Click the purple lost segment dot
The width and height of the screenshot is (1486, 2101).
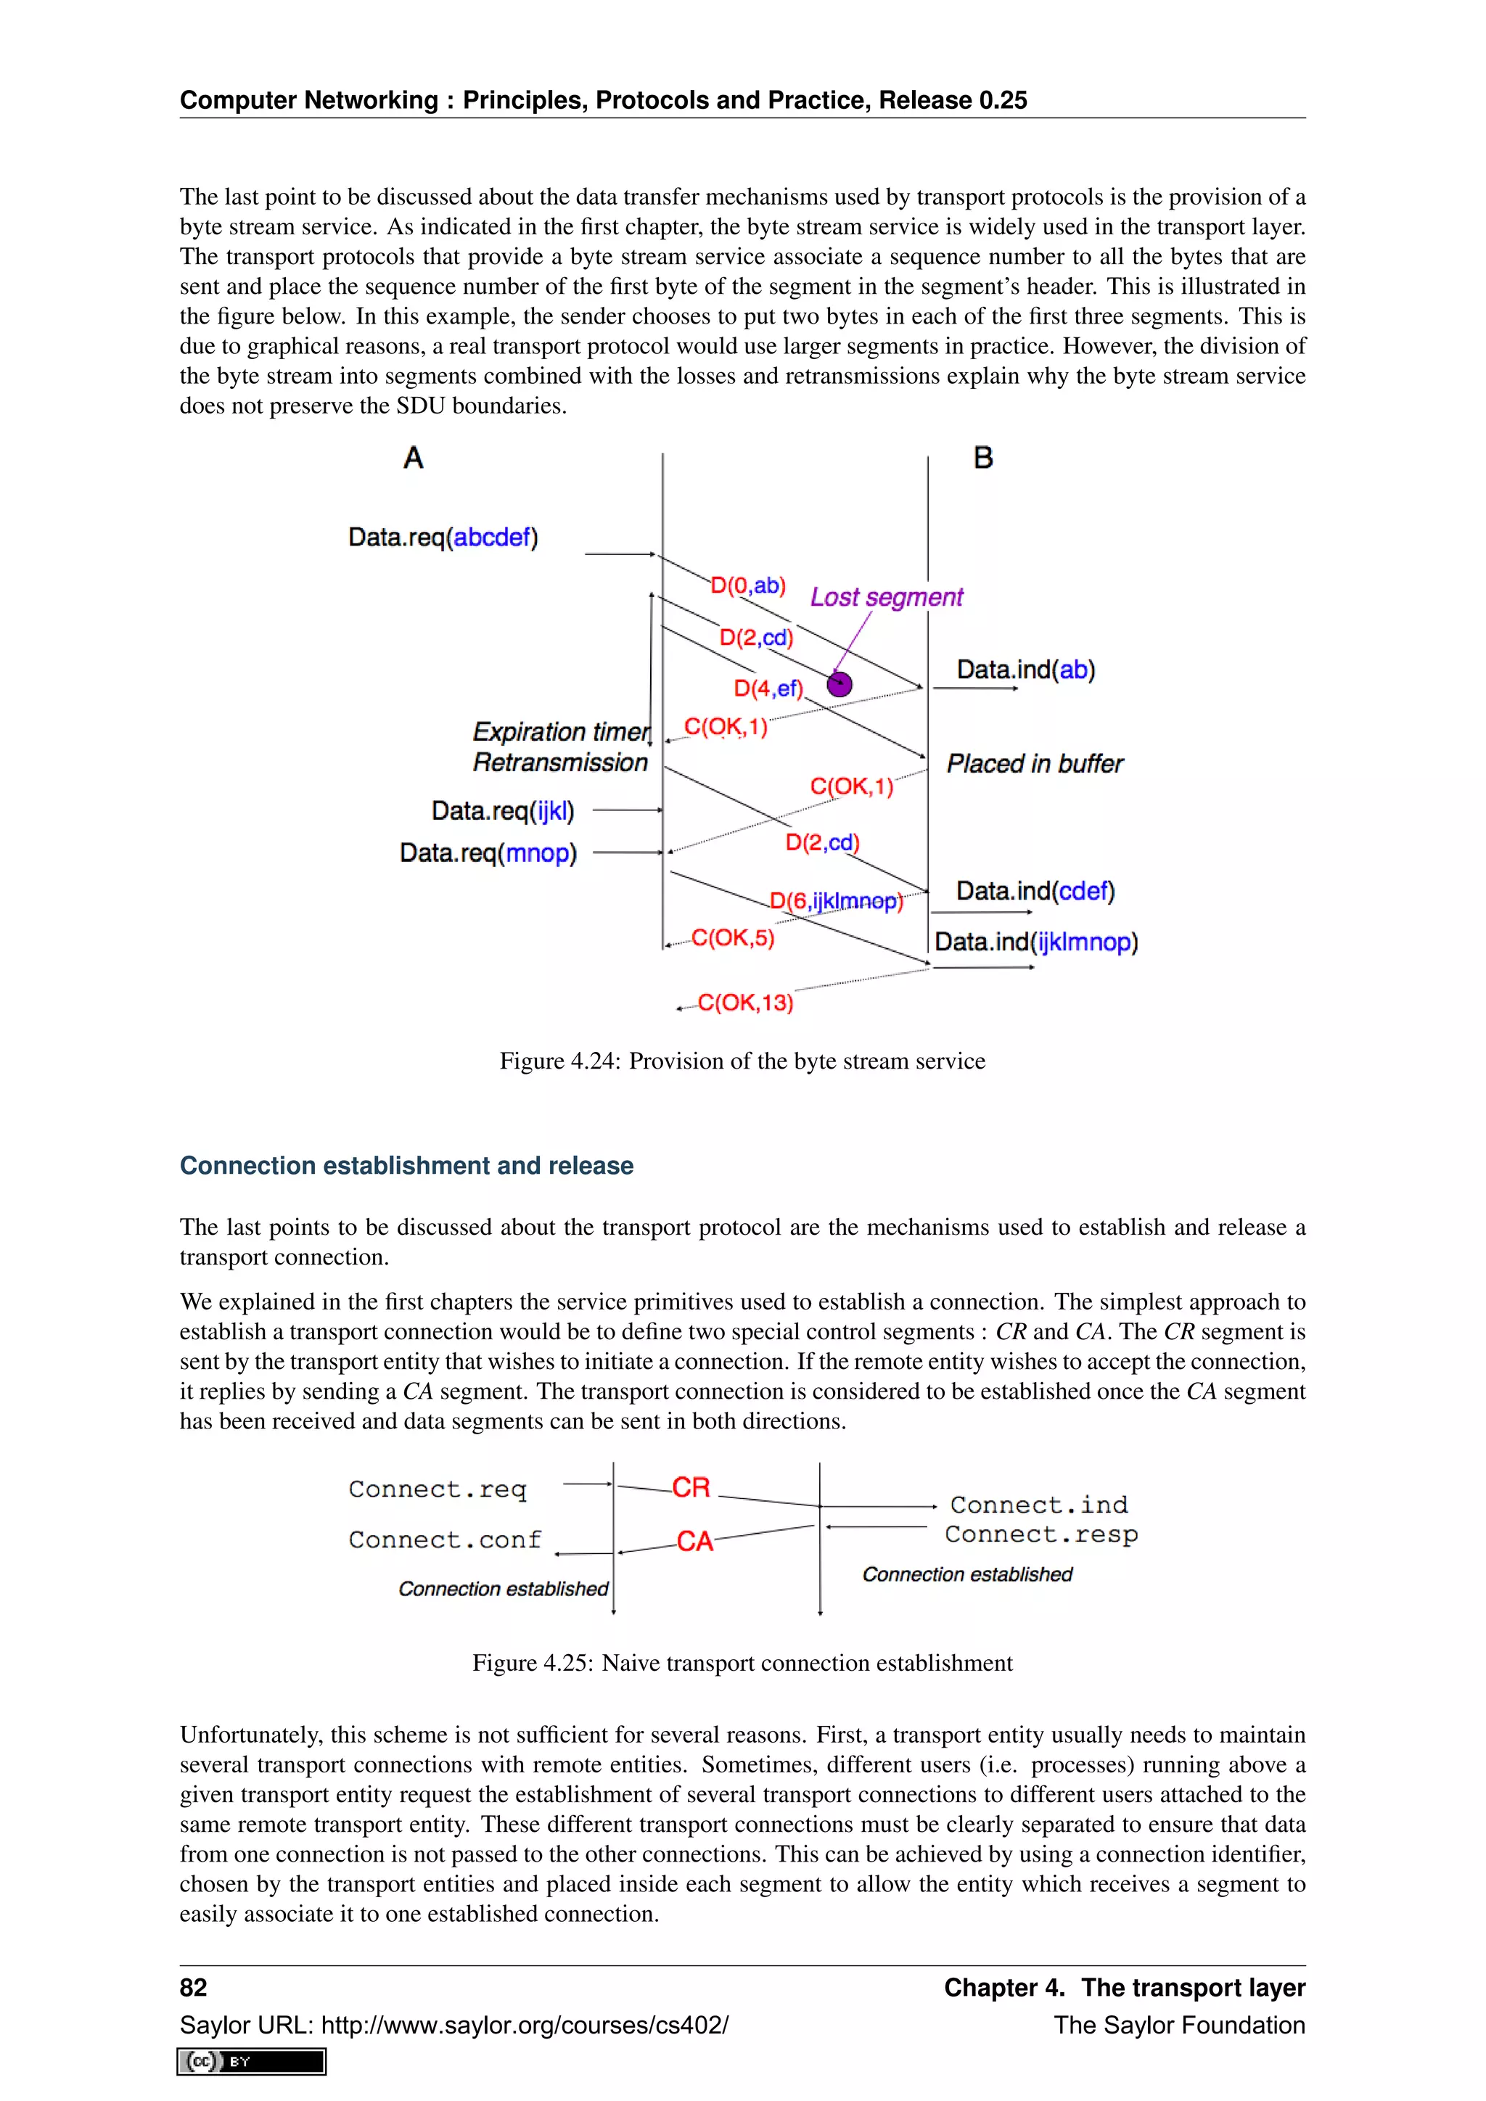point(839,683)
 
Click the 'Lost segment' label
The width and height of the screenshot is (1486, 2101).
point(886,598)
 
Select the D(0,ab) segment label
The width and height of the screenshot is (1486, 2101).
point(747,585)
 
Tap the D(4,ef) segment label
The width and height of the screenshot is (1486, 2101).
point(768,688)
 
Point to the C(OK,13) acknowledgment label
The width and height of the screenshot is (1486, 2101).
point(745,1003)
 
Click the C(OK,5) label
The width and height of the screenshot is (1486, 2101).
point(732,938)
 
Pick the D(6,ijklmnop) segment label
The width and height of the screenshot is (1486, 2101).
point(835,901)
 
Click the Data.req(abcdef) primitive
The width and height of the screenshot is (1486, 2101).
point(443,537)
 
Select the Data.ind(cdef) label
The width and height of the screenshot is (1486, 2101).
point(1035,892)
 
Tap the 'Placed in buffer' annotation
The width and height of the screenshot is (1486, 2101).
point(1034,764)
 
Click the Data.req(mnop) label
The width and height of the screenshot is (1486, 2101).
point(488,853)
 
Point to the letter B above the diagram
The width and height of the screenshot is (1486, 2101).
point(982,458)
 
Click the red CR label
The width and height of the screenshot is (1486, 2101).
point(691,1488)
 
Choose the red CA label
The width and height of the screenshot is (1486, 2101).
point(694,1542)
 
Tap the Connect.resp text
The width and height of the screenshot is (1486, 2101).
point(1040,1534)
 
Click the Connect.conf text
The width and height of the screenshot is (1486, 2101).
point(445,1540)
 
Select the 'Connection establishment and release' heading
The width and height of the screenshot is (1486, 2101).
point(406,1166)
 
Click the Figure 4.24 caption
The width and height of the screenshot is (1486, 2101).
point(742,1061)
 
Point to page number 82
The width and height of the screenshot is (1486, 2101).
point(193,1988)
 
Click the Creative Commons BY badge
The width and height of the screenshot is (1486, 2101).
point(252,2062)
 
